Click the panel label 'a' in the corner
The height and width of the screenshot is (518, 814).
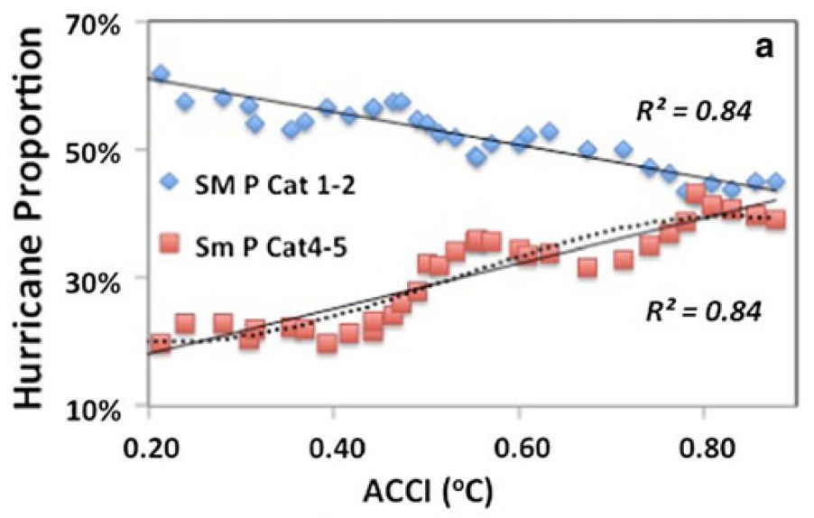[x=763, y=48]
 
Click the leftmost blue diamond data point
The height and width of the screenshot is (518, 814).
[x=161, y=73]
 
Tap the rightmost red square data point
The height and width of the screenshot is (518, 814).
[x=775, y=219]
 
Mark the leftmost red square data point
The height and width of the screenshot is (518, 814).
[x=161, y=343]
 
